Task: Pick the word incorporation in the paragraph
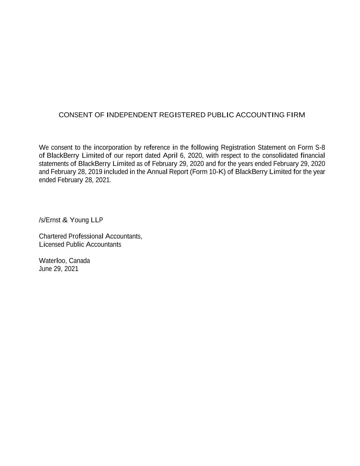(x=113, y=148)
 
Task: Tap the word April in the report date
(x=170, y=156)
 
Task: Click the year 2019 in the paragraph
(x=95, y=172)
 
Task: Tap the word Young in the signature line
(x=79, y=220)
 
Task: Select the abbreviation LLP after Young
(x=97, y=220)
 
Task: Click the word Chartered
(x=53, y=236)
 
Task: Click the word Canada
(x=80, y=261)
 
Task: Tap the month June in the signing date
(x=45, y=269)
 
